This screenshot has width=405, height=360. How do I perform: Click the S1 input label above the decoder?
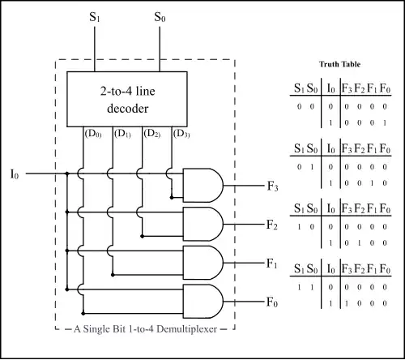[x=95, y=17]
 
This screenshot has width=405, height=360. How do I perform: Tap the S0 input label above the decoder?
[x=160, y=17]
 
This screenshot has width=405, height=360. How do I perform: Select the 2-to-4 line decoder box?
[x=127, y=99]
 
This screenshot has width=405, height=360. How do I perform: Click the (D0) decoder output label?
[x=93, y=134]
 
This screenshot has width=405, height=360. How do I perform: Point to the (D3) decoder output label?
[x=181, y=134]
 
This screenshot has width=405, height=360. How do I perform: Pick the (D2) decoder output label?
[x=152, y=134]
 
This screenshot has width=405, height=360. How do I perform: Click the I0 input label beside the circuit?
[x=15, y=174]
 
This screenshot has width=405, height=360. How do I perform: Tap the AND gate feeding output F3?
[x=203, y=186]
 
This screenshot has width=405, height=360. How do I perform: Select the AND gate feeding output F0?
[x=203, y=301]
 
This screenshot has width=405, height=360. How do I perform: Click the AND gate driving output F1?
[x=203, y=263]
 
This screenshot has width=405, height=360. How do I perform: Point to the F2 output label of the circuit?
[x=272, y=225]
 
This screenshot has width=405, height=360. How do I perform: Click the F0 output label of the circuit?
[x=272, y=302]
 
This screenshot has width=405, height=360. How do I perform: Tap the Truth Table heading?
[x=339, y=64]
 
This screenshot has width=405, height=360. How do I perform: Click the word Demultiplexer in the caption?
[x=187, y=329]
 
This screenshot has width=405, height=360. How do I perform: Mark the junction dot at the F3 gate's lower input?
[x=172, y=198]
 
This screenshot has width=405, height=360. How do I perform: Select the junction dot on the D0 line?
[x=83, y=314]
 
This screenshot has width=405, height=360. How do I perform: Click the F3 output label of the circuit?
[x=272, y=186]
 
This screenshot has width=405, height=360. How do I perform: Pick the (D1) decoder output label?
[x=122, y=134]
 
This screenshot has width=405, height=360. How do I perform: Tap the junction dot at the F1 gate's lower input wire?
[x=113, y=275]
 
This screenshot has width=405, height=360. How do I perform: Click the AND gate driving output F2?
[x=203, y=224]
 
